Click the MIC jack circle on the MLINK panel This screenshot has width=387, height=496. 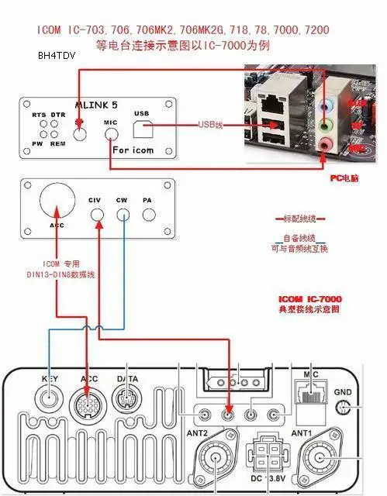click(111, 134)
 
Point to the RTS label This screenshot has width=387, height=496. click(39, 114)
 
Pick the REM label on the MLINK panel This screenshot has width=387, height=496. click(57, 143)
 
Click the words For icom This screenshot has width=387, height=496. click(133, 150)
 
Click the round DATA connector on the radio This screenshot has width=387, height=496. click(127, 404)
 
